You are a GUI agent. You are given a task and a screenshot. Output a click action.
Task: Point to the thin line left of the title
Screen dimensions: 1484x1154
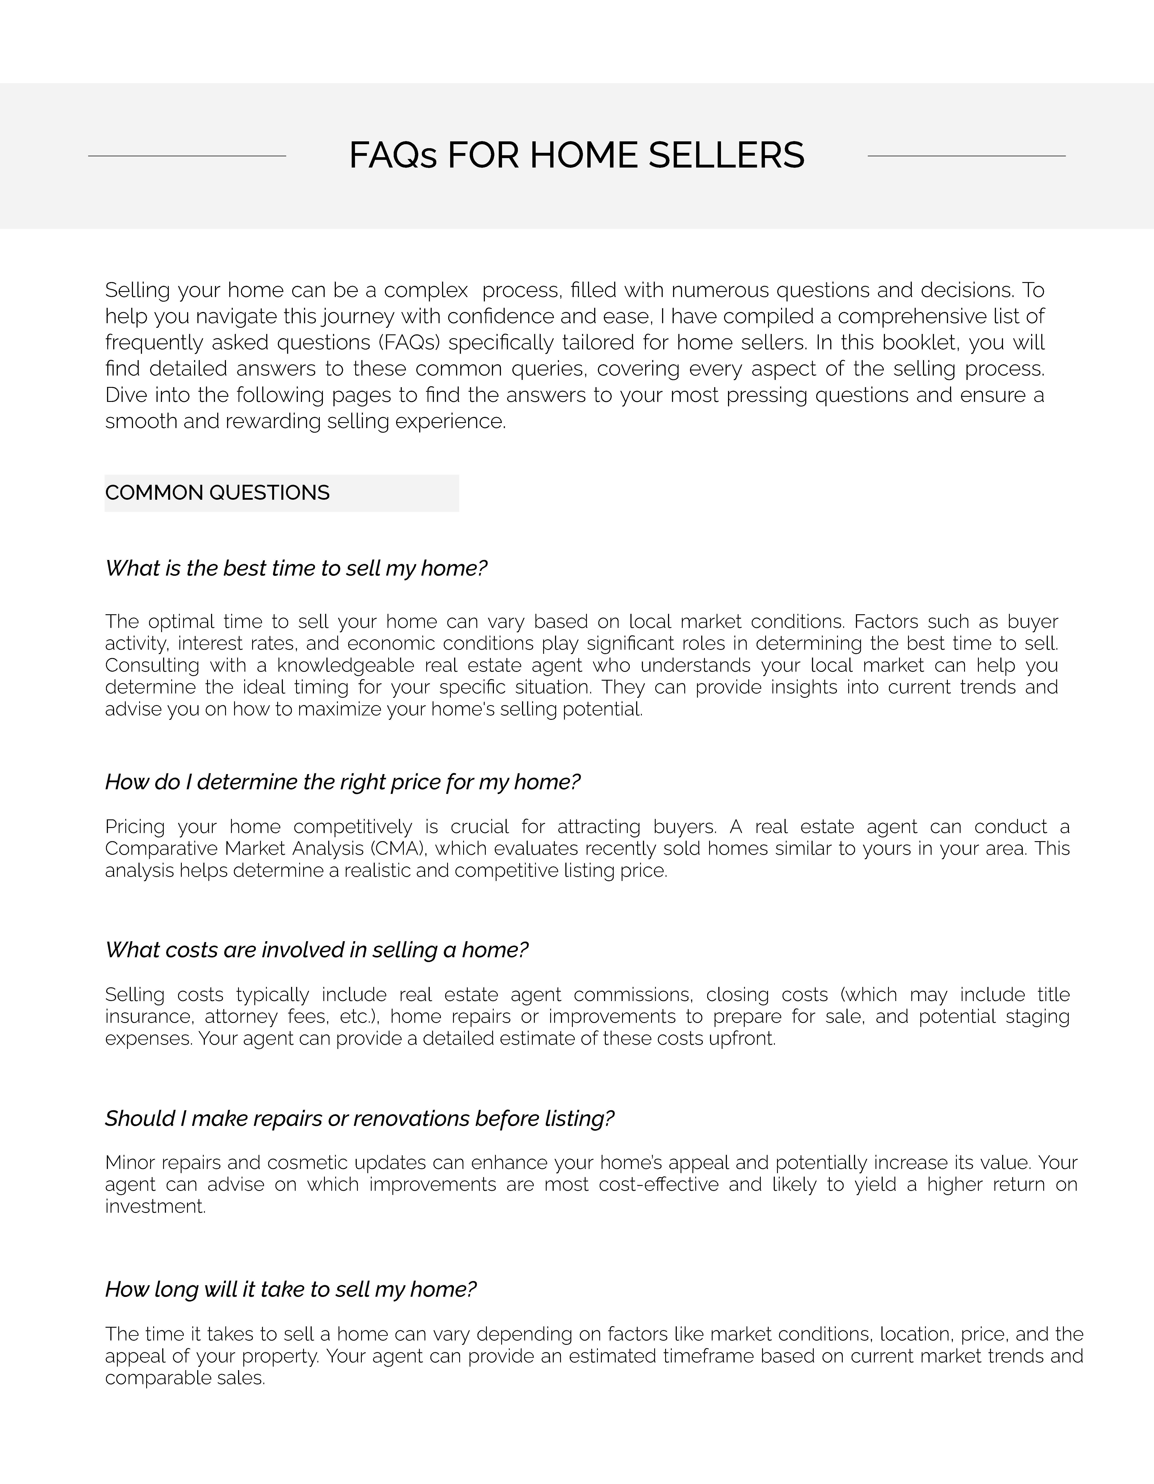(187, 156)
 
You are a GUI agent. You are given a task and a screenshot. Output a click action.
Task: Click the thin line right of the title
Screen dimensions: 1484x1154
(967, 156)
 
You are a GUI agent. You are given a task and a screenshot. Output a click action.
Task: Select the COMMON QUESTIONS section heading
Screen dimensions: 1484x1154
(217, 493)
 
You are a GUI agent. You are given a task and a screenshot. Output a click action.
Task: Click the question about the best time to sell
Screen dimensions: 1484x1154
(296, 568)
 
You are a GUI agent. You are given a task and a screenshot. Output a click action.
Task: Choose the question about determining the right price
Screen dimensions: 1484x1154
(342, 782)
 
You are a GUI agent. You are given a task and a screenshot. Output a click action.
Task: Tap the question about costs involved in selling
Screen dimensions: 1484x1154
(317, 950)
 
